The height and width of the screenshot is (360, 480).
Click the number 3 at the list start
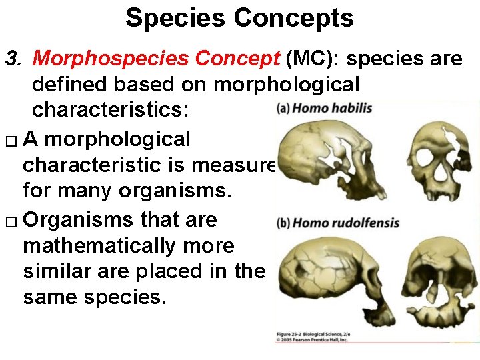pos(11,59)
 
